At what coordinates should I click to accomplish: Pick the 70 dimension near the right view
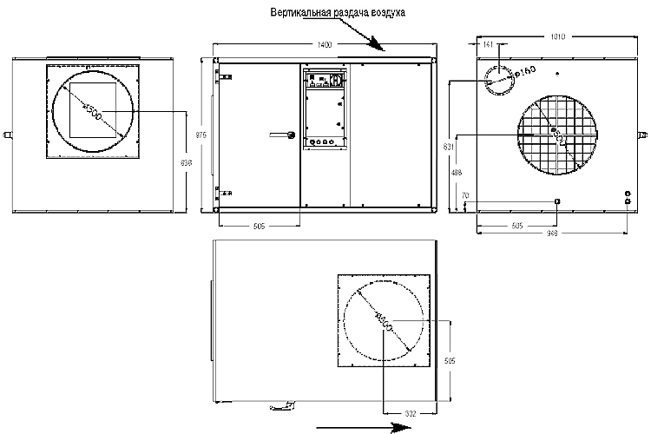coord(465,196)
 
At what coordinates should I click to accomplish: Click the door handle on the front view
coord(284,135)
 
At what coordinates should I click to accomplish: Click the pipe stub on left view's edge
coord(8,135)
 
